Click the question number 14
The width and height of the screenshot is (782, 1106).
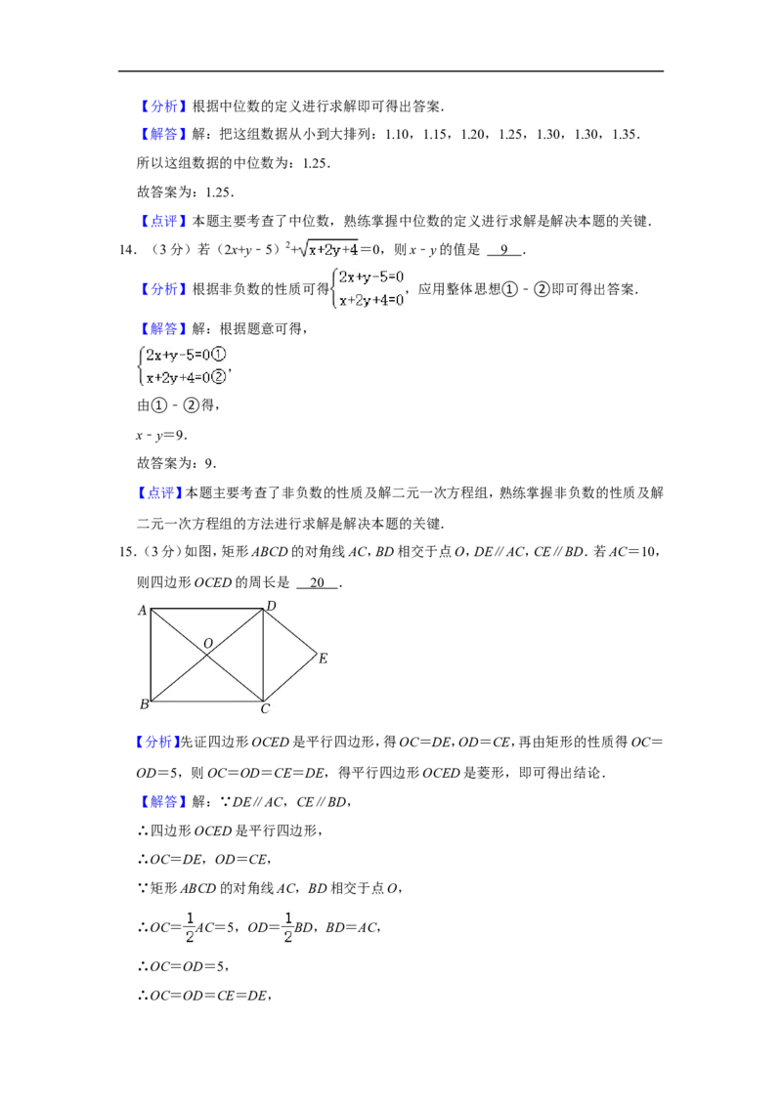127,250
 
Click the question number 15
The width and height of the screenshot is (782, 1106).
127,552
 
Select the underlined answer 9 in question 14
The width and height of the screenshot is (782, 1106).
504,250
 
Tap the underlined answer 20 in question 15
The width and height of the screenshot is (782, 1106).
318,582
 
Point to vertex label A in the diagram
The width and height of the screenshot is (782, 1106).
142,611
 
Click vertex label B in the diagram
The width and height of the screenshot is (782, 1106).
144,703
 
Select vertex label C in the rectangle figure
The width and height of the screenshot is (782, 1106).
265,709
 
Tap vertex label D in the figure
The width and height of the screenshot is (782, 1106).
271,606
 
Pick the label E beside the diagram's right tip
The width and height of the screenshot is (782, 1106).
324,659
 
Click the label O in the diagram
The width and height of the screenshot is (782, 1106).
208,643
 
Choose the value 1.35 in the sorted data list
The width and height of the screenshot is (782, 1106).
624,135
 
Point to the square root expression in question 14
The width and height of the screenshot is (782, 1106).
328,248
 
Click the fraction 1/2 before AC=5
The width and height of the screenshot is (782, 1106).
190,927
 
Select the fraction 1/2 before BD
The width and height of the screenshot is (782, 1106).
288,927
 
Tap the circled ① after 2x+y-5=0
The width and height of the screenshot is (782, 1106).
219,355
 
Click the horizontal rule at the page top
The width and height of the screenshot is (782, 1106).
391,71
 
